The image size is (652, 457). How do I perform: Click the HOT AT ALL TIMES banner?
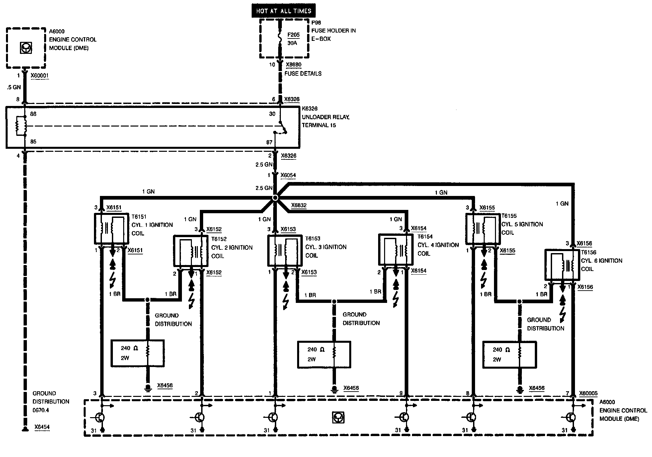(283, 11)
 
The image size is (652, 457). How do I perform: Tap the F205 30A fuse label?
(292, 39)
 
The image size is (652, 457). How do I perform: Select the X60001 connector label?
(40, 76)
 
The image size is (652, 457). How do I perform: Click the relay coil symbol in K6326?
(21, 126)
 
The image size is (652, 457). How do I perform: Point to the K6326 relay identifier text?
(309, 109)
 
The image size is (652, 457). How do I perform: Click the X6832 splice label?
(298, 205)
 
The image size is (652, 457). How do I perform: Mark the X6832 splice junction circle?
(275, 198)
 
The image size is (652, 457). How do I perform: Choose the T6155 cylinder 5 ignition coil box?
(482, 228)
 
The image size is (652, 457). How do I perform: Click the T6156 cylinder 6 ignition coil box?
(562, 264)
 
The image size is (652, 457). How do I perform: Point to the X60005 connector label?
(588, 394)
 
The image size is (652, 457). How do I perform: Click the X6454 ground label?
(42, 427)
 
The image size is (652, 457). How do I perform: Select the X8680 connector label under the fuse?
(293, 65)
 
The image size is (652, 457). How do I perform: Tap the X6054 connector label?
(288, 175)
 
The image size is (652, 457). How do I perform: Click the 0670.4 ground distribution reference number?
(41, 410)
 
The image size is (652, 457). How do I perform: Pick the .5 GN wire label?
(14, 87)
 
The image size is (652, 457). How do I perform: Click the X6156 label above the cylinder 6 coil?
(584, 243)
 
